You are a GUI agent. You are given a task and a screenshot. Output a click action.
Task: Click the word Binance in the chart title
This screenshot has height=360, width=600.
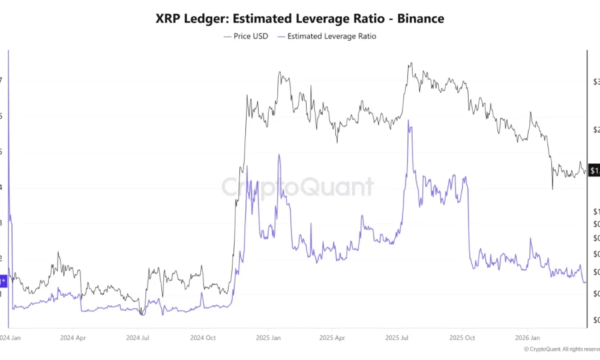tap(418, 19)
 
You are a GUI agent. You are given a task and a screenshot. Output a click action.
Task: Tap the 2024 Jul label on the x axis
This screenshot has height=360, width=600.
tap(139, 338)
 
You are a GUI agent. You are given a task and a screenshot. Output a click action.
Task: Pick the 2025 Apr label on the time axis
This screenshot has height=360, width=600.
tap(334, 338)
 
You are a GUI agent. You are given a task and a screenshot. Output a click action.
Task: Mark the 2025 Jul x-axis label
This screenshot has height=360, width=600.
tap(397, 338)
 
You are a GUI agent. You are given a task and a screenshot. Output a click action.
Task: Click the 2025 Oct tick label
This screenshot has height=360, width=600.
tap(463, 338)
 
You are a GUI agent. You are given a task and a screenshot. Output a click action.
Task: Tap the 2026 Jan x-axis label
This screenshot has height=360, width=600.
tap(527, 338)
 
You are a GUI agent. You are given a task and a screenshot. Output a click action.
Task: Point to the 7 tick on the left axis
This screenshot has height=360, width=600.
tap(2, 80)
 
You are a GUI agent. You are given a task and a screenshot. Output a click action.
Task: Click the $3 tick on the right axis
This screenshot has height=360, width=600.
tap(595, 81)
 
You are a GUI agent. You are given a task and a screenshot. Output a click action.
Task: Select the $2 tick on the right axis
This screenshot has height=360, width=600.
tap(595, 130)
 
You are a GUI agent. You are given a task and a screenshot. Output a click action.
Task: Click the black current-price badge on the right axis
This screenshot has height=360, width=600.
tap(594, 171)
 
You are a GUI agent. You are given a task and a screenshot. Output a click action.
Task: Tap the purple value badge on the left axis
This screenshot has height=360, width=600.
tap(4, 280)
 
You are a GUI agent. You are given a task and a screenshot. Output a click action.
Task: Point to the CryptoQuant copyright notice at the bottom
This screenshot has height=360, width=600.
tap(560, 349)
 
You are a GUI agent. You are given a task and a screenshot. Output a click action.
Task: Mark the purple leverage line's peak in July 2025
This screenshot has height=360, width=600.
tap(409, 121)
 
